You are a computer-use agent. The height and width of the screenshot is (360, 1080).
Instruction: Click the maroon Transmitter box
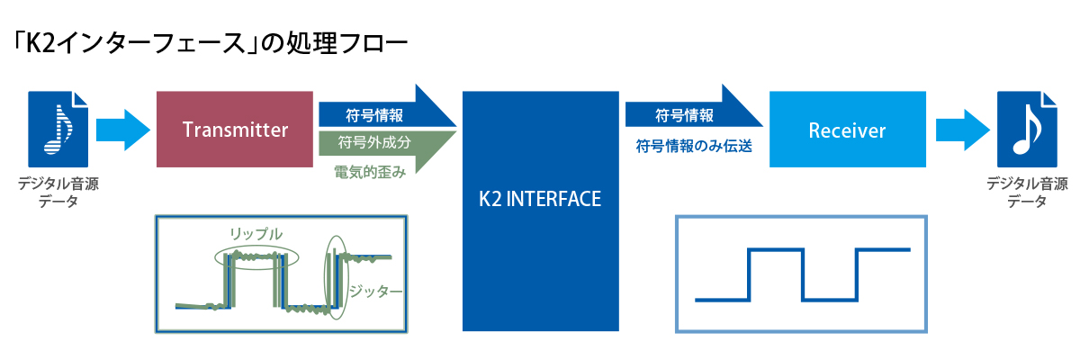coord(235,130)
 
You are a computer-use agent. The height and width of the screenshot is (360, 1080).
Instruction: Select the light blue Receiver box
coord(848,130)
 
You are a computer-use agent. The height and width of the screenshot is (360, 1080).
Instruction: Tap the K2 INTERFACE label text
coord(540,199)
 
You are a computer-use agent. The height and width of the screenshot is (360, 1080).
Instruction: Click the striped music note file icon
coord(58,130)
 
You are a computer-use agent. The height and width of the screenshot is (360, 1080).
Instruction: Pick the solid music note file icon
coord(1027,130)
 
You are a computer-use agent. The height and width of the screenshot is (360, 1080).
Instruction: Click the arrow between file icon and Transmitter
coord(123,130)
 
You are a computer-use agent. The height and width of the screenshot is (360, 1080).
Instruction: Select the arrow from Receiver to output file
coord(963,130)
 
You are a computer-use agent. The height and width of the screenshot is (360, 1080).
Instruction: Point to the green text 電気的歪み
coord(370,172)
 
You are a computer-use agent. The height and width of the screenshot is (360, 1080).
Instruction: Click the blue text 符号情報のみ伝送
coord(694,146)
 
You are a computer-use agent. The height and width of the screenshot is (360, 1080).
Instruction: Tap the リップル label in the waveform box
coord(256,234)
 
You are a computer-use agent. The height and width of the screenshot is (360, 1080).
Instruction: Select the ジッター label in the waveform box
coord(375,291)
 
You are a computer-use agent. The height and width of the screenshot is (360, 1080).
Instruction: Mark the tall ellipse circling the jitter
coord(325,277)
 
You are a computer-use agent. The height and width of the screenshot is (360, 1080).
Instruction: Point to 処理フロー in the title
coord(347,43)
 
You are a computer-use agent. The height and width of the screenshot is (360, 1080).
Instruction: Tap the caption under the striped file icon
coord(58,192)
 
